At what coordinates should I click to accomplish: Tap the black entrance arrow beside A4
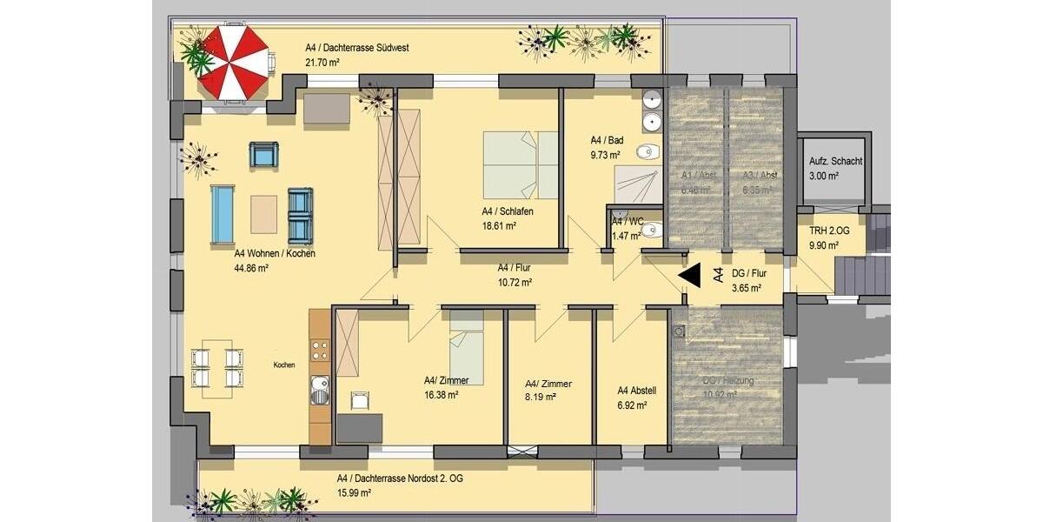[692, 277]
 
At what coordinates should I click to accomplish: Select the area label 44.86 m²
[251, 269]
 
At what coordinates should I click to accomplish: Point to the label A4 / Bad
[607, 140]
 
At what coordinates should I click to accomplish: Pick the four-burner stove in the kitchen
[320, 351]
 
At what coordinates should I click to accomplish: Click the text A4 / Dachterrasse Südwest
[356, 48]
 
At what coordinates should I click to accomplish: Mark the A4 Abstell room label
[636, 391]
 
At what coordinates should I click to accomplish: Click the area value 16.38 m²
[441, 394]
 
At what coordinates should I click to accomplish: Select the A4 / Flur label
[515, 268]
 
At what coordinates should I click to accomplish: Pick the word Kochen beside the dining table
[284, 365]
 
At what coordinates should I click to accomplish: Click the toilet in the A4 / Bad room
[644, 154]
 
